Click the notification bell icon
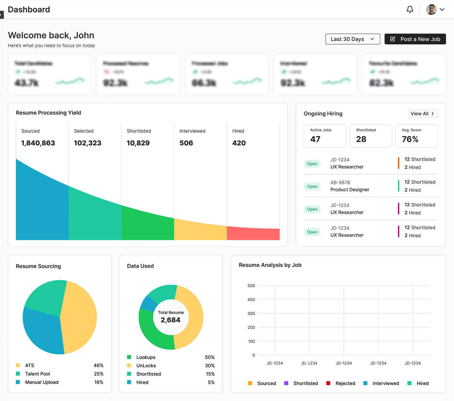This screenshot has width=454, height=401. (410, 10)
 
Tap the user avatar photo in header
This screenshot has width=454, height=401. (431, 10)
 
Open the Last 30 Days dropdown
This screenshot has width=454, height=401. (353, 39)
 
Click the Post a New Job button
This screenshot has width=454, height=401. (415, 39)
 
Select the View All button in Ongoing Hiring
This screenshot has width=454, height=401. (423, 114)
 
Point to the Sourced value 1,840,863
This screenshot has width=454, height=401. (38, 143)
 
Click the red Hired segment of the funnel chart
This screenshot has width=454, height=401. (253, 234)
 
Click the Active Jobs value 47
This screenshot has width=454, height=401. (315, 139)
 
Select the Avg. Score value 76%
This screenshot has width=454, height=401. (410, 139)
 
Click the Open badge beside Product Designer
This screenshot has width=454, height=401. (312, 186)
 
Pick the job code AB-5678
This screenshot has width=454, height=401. (340, 183)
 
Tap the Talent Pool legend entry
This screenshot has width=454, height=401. (38, 374)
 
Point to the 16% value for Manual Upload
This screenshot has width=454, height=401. (98, 382)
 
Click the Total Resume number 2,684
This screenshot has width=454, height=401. (171, 320)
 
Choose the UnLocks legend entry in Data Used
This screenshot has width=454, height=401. (146, 366)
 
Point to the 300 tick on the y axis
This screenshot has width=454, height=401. (251, 314)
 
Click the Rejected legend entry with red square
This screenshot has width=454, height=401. (345, 383)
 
